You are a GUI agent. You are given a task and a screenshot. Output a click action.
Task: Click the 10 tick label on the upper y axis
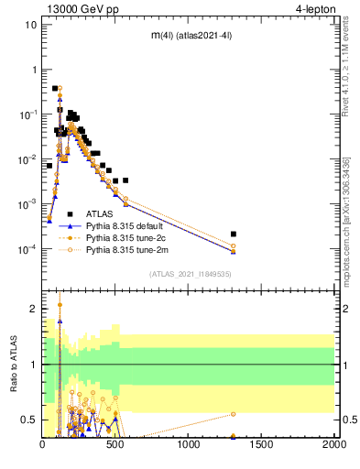[x=31, y=25]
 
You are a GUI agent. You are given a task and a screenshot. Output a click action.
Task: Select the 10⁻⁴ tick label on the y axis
[x=27, y=249]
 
